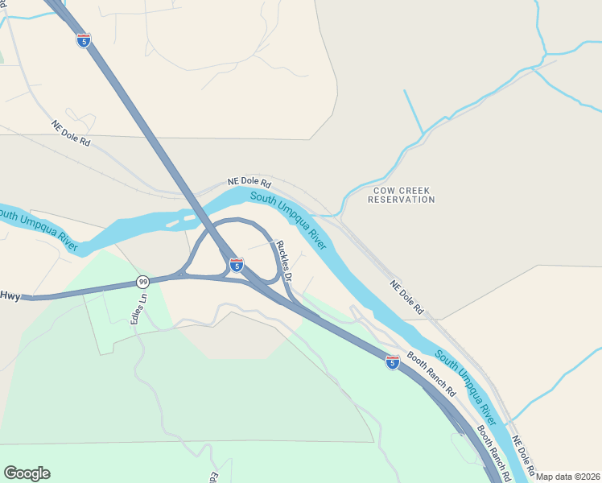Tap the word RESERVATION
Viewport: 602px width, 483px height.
[401, 200]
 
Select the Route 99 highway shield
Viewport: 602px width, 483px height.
[142, 281]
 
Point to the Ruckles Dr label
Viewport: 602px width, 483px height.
[283, 259]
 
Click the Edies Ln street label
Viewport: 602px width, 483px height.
[139, 308]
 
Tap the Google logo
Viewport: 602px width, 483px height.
[27, 473]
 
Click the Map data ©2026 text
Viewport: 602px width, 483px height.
[567, 477]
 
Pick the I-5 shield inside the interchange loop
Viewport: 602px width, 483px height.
[236, 264]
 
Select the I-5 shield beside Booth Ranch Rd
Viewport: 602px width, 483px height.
[392, 362]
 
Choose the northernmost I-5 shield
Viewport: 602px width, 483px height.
[84, 39]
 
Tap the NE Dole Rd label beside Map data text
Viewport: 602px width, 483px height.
[524, 456]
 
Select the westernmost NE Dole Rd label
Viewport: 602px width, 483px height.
[72, 133]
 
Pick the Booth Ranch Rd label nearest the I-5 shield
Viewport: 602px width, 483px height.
[431, 374]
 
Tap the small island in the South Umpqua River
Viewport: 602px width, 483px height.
[190, 215]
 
